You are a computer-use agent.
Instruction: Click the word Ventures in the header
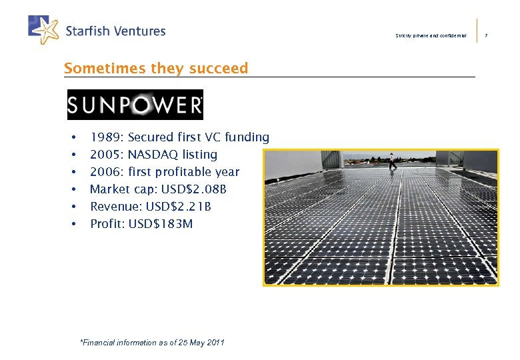tap(137, 31)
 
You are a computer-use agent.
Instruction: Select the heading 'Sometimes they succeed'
tap(155, 68)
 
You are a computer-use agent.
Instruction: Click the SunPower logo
tap(135, 105)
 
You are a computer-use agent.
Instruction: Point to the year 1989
tap(105, 138)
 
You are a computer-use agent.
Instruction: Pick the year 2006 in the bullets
tap(105, 172)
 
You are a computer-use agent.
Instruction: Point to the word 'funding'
tap(247, 138)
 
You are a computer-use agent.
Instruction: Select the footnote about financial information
tap(152, 343)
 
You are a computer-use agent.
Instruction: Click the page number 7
tap(487, 35)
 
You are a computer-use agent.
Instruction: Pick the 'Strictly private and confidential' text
tap(431, 35)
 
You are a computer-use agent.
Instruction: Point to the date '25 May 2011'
tap(203, 343)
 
